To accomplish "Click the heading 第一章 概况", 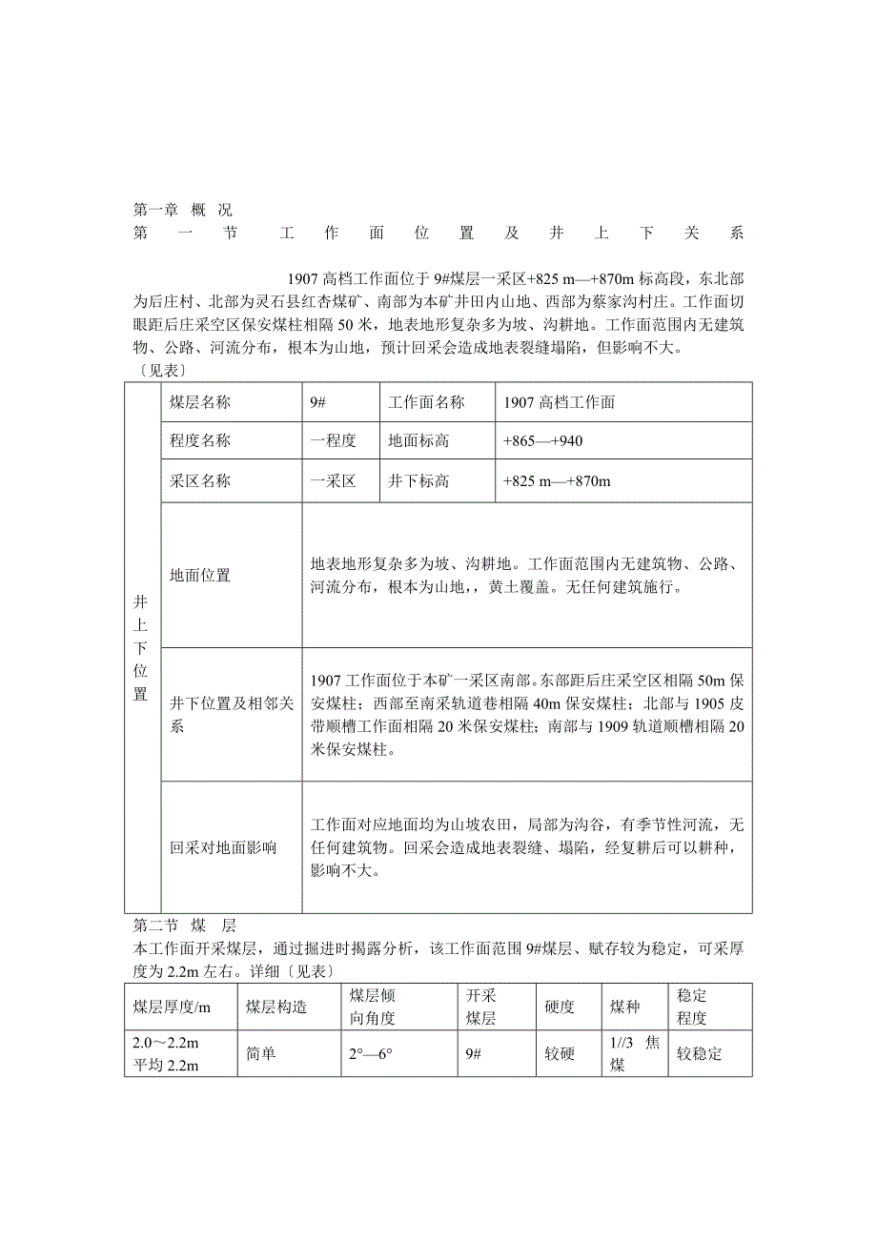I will coord(182,209).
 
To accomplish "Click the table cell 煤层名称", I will coord(200,402).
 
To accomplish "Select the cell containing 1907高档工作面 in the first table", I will coord(560,402).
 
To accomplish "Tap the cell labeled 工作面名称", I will coord(426,402).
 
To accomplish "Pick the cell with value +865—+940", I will coord(542,441).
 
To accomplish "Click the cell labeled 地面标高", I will coord(418,441).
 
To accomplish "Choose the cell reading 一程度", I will coord(333,441).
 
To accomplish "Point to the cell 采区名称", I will coord(200,481).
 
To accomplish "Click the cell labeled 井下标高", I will coord(418,481).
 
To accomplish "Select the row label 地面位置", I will coord(200,576).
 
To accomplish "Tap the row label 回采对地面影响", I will coord(223,847).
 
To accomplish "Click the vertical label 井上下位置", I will coord(141,647).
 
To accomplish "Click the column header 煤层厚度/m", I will coord(172,1007).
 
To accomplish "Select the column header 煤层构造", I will coord(275,1007).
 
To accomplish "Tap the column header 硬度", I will coord(560,1007).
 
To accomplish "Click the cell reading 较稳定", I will coord(700,1054).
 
